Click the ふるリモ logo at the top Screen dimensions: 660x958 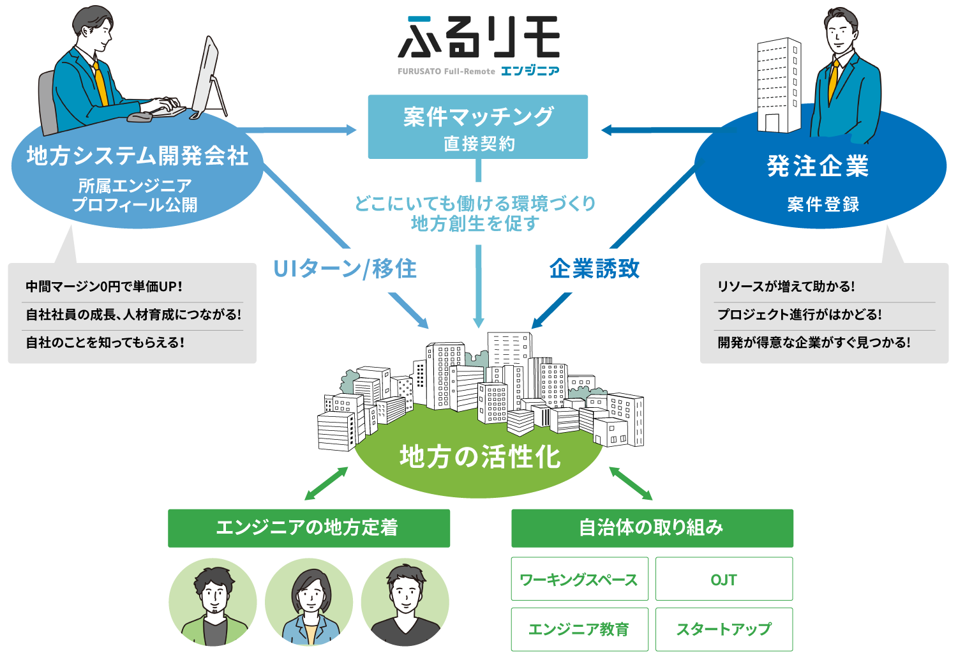pyautogui.click(x=479, y=45)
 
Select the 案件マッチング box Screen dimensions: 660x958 pyautogui.click(x=477, y=127)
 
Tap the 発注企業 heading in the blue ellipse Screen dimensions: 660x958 pyautogui.click(x=818, y=166)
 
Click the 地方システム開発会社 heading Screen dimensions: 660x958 pyautogui.click(x=137, y=156)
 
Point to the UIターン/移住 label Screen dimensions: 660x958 pyautogui.click(x=345, y=269)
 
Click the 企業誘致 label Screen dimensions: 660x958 pyautogui.click(x=594, y=269)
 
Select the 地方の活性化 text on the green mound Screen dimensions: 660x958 pyautogui.click(x=479, y=457)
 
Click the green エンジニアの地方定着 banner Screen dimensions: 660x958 pyautogui.click(x=308, y=528)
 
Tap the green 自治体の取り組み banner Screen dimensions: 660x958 pyautogui.click(x=652, y=528)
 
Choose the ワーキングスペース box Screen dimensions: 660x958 pyautogui.click(x=579, y=579)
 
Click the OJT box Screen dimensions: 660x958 pyautogui.click(x=724, y=579)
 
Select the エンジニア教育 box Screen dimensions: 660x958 pyautogui.click(x=579, y=629)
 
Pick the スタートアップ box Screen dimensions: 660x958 pyautogui.click(x=724, y=629)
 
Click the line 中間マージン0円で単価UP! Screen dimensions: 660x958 pyautogui.click(x=104, y=287)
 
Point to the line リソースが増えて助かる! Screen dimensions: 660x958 pyautogui.click(x=786, y=287)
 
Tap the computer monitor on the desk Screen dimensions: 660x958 pyautogui.click(x=207, y=77)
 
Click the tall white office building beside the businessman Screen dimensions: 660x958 pyautogui.click(x=779, y=86)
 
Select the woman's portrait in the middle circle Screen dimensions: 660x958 pyautogui.click(x=309, y=603)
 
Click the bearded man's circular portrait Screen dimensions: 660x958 pyautogui.click(x=213, y=603)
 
